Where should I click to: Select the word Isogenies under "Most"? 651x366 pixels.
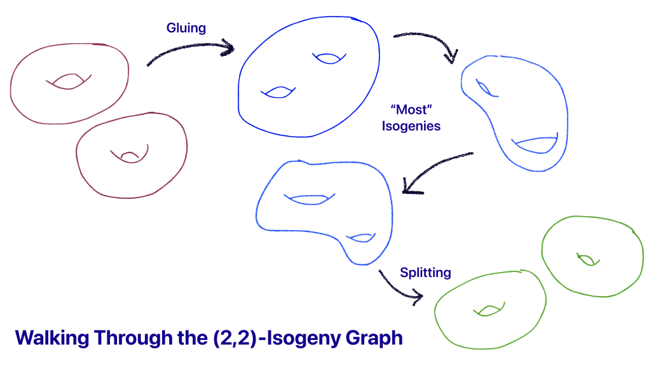[411, 126]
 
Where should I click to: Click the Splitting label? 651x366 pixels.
[425, 273]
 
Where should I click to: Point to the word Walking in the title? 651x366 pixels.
[51, 337]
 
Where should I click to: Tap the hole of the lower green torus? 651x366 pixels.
[488, 310]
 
